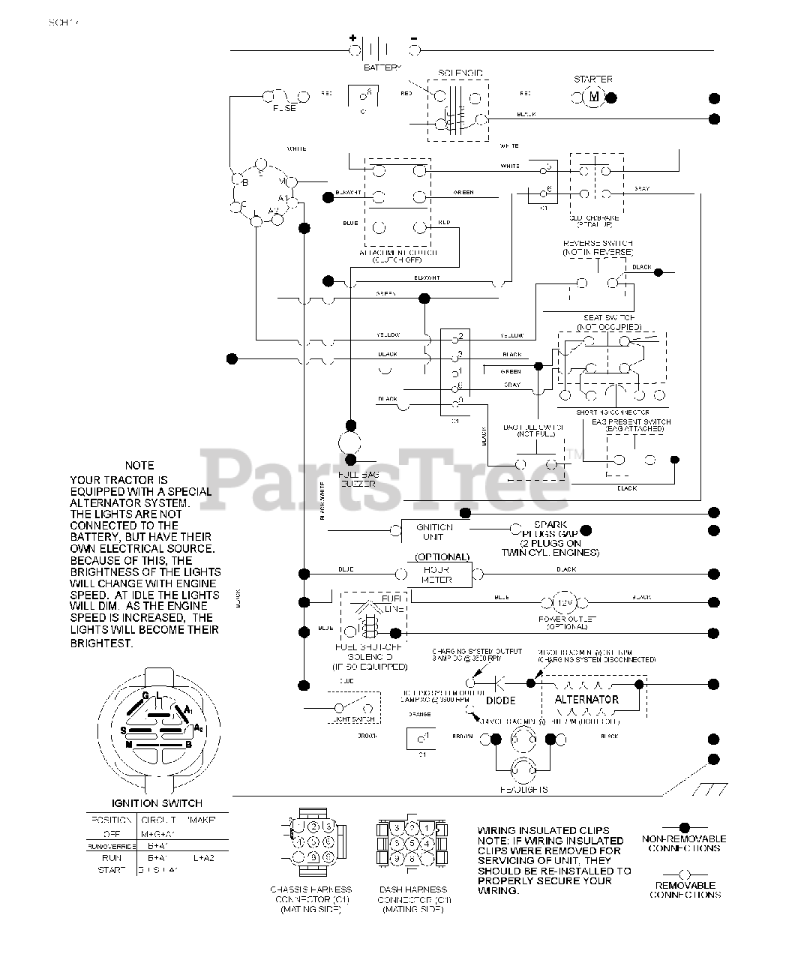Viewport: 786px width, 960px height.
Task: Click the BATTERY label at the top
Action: [382, 67]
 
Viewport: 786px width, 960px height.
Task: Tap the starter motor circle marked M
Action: [593, 96]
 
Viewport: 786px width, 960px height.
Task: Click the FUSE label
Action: [284, 108]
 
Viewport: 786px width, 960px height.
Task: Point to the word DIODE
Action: [501, 700]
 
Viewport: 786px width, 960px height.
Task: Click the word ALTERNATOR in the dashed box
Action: [586, 700]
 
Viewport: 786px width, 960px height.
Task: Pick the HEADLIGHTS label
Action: [523, 789]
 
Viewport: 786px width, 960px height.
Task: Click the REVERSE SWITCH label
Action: [598, 244]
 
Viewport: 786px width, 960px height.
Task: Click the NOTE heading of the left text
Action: [139, 466]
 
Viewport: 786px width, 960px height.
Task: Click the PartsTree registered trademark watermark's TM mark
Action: [573, 454]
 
